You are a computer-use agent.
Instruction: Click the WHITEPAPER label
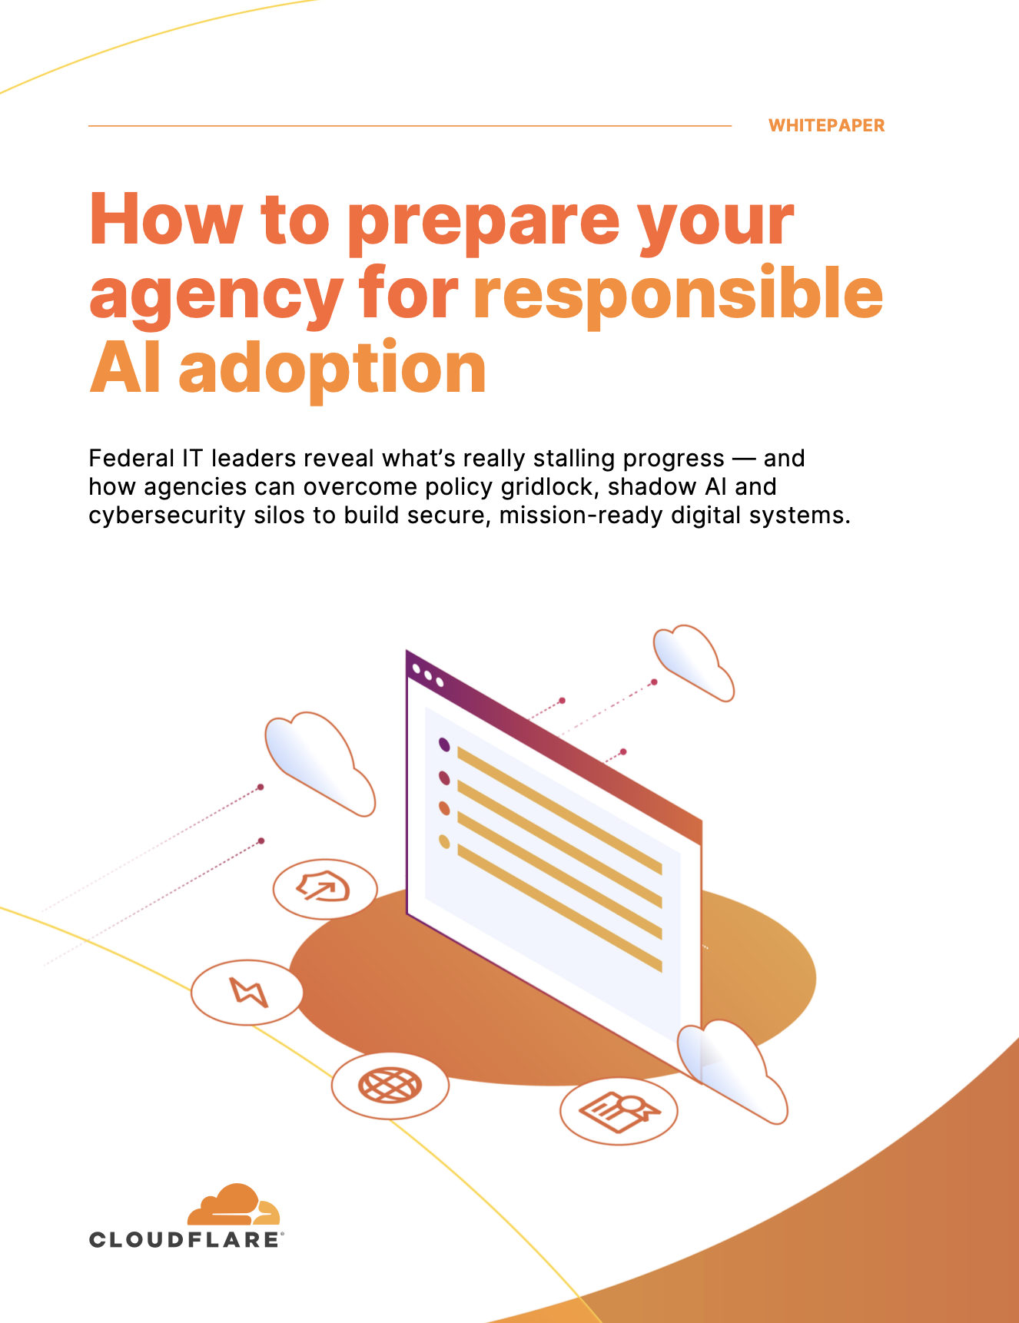click(826, 125)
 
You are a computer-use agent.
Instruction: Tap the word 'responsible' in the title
click(678, 293)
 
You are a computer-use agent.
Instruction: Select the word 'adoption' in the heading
click(332, 369)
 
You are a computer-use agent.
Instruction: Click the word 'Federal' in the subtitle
click(131, 459)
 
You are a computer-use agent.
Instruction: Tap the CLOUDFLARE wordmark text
click(185, 1239)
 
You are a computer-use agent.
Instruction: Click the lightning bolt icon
click(247, 992)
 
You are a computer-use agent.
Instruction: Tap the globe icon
click(390, 1085)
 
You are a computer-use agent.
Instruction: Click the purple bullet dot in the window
click(443, 744)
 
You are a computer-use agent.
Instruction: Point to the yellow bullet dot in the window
click(443, 841)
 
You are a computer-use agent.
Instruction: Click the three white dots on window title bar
click(427, 675)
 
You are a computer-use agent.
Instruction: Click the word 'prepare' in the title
click(483, 221)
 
